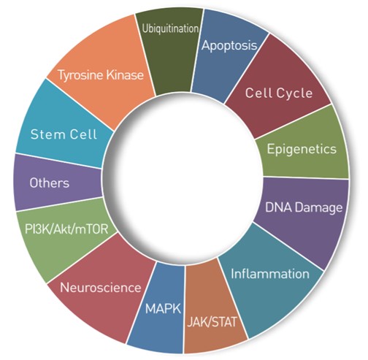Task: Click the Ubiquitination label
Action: pyautogui.click(x=170, y=29)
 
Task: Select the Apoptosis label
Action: pyautogui.click(x=229, y=46)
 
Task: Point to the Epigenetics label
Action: pyautogui.click(x=302, y=149)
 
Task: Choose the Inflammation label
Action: pyautogui.click(x=270, y=274)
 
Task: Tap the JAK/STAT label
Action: pyautogui.click(x=212, y=322)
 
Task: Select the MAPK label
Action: pyautogui.click(x=163, y=309)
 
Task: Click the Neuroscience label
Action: pyautogui.click(x=101, y=288)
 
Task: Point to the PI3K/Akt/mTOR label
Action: pyautogui.click(x=66, y=229)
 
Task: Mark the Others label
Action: pyautogui.click(x=50, y=183)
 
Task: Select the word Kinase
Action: pyautogui.click(x=125, y=74)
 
